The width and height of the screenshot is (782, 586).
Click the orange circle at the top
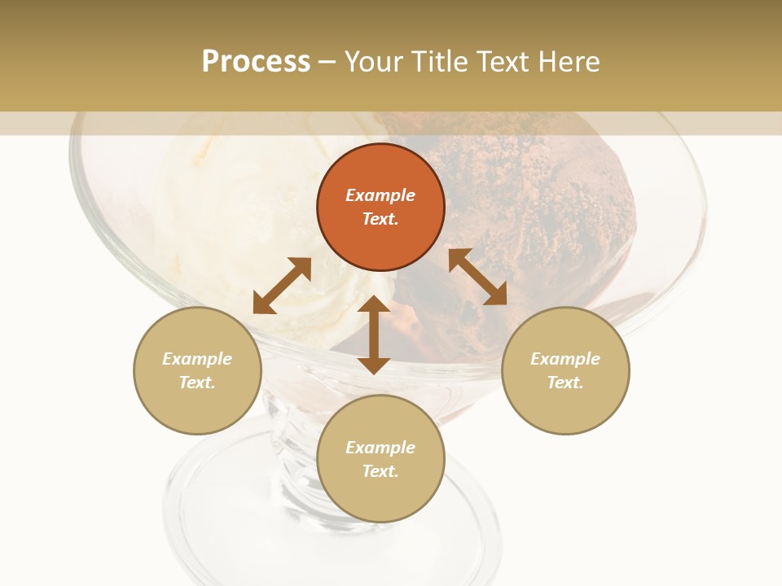tap(380, 208)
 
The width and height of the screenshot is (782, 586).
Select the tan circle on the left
tap(197, 371)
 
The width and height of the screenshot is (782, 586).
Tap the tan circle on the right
tap(565, 371)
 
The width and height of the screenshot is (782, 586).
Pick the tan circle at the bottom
tap(380, 459)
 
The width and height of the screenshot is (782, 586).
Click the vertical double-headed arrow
tap(374, 335)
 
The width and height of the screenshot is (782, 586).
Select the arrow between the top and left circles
tap(282, 286)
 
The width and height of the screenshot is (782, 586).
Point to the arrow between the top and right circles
tap(477, 277)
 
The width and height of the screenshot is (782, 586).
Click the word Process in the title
tap(256, 61)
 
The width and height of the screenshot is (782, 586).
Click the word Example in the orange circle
tap(380, 195)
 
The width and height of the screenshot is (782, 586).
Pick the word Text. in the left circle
tap(197, 383)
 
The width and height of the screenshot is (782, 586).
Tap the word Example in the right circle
tap(565, 359)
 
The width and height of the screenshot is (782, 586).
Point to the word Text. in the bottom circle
tap(380, 471)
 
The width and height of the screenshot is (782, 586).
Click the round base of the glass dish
tap(244, 505)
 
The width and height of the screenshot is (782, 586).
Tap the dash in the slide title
tap(327, 62)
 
